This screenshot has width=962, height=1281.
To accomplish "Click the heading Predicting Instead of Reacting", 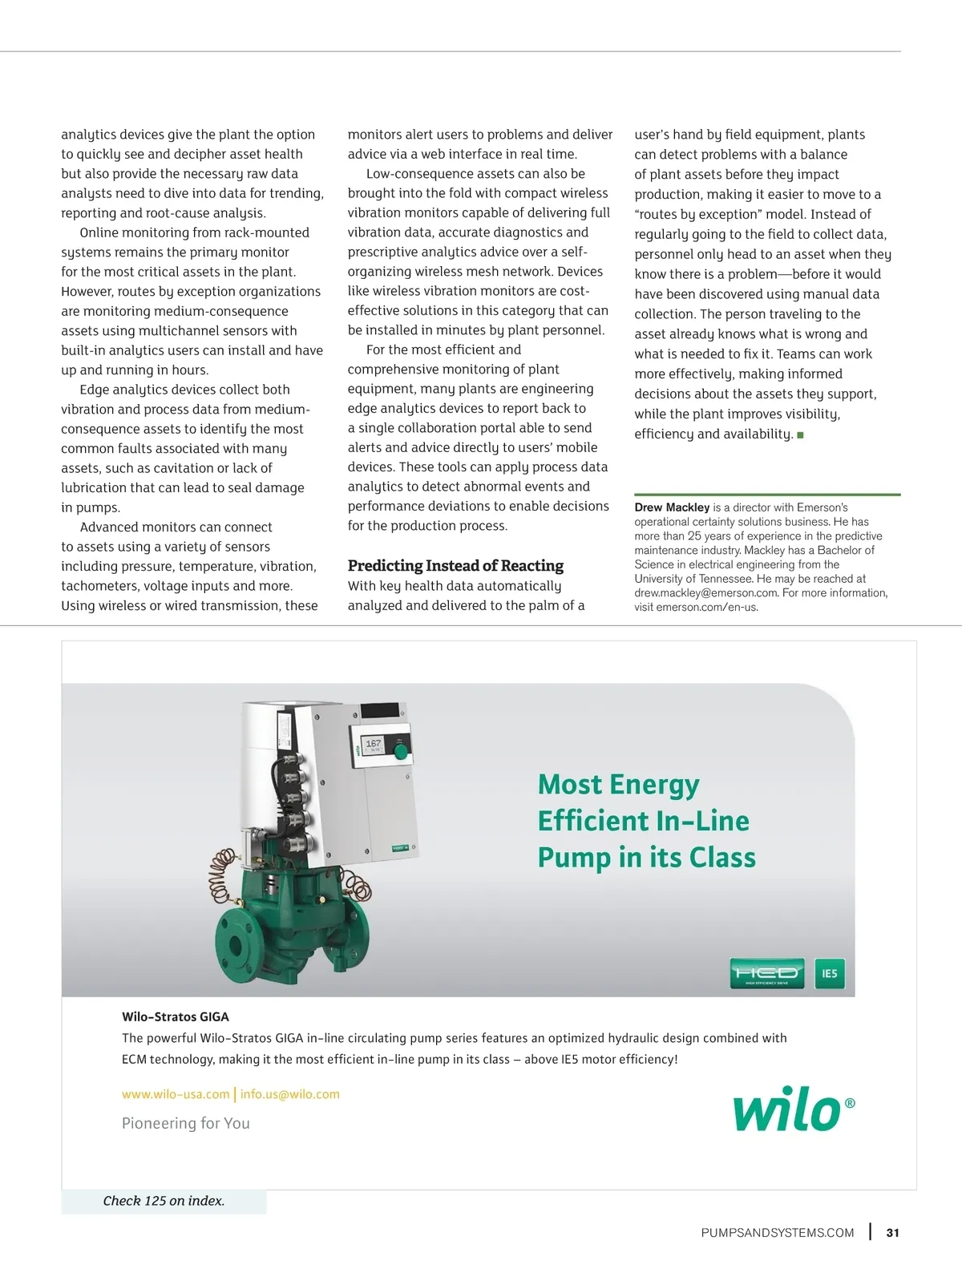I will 455,566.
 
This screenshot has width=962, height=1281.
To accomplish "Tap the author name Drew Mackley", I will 672,507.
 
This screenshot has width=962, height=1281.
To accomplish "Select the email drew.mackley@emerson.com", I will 706,593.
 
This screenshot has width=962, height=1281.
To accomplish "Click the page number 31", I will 892,1233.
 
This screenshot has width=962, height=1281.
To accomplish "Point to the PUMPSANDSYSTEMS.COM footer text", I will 777,1233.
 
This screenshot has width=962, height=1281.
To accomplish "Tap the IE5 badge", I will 830,974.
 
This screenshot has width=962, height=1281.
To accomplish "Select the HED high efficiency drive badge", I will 766,974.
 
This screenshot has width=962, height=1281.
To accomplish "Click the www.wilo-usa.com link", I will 176,1094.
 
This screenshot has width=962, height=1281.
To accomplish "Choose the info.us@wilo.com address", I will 290,1094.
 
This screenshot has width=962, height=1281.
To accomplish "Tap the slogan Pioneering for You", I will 185,1123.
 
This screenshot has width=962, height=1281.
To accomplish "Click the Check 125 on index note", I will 164,1201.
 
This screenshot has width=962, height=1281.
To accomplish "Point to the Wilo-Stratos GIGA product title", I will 176,1016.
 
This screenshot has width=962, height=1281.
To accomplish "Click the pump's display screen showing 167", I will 374,746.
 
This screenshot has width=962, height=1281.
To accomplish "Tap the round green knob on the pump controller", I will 400,750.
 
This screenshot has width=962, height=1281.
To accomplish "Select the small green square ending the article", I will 800,434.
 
